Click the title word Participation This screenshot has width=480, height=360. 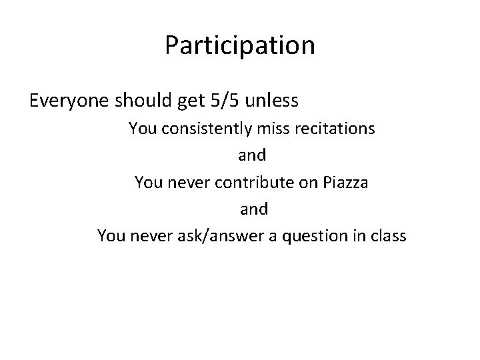pyautogui.click(x=240, y=46)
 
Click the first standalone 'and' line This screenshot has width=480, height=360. pyautogui.click(x=252, y=155)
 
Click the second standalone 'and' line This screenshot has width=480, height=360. pyautogui.click(x=252, y=209)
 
